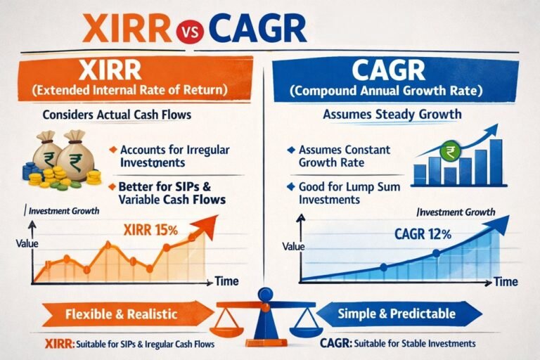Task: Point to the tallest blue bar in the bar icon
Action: (x=496, y=161)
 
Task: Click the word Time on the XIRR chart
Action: (x=226, y=281)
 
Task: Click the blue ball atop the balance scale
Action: (x=266, y=294)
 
